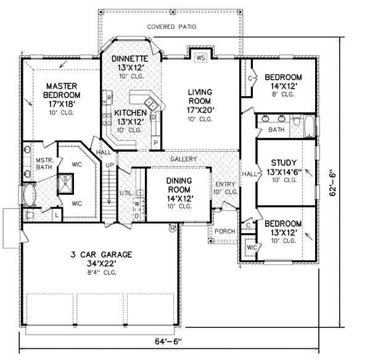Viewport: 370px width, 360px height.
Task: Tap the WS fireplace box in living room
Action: click(x=200, y=59)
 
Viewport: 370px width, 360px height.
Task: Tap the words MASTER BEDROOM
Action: click(x=62, y=91)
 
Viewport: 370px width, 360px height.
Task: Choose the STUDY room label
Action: click(x=284, y=163)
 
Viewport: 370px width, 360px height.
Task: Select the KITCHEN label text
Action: click(x=129, y=113)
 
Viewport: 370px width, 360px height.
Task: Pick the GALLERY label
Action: click(x=184, y=159)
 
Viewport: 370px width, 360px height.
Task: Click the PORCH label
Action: click(x=224, y=232)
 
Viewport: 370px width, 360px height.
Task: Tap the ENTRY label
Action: click(x=226, y=184)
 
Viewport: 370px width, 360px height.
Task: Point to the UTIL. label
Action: click(x=126, y=194)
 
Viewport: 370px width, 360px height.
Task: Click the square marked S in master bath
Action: click(x=64, y=181)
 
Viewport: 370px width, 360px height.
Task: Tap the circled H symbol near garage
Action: click(x=173, y=229)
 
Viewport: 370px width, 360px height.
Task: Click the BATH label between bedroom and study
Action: click(x=276, y=130)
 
